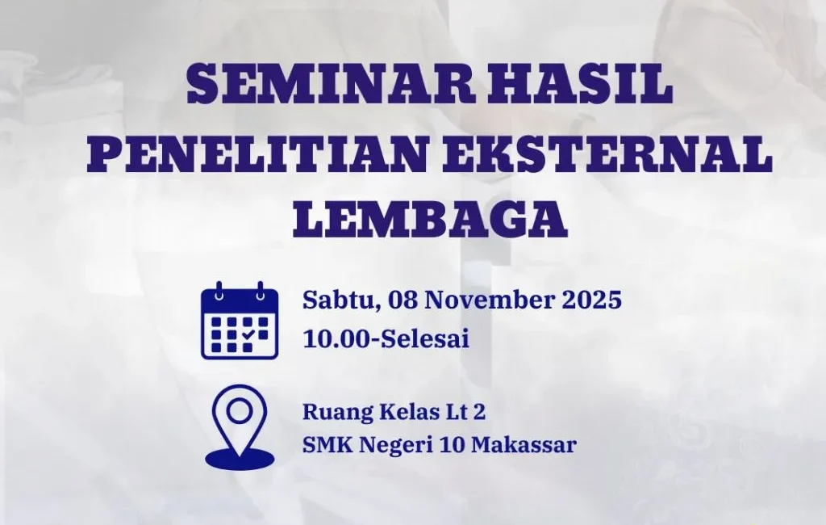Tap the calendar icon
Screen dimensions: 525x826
(x=240, y=321)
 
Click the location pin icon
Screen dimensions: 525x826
(x=240, y=426)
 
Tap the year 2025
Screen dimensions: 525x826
(x=593, y=300)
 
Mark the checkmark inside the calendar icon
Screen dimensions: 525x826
(x=248, y=333)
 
